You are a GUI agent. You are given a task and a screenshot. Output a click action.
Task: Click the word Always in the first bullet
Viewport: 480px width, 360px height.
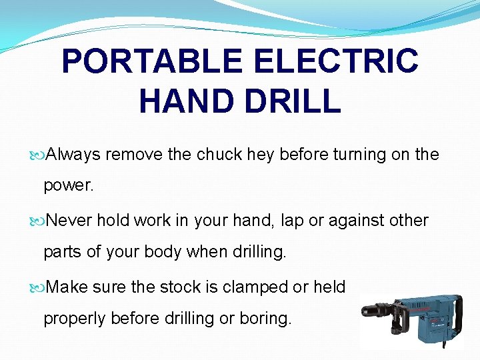click(74, 155)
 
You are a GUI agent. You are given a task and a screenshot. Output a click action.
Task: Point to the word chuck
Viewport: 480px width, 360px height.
click(219, 155)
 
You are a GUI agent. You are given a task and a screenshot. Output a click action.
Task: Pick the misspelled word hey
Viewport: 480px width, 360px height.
click(261, 155)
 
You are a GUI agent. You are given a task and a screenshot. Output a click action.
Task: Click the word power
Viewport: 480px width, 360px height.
click(69, 186)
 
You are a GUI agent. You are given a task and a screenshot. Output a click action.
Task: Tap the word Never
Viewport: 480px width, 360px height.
click(70, 220)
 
